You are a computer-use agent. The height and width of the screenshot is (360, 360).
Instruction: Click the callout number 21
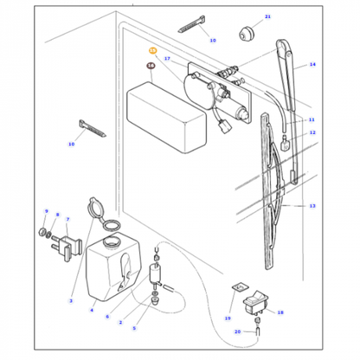pyautogui.click(x=243, y=17)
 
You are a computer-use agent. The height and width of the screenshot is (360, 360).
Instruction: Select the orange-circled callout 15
pyautogui.click(x=153, y=52)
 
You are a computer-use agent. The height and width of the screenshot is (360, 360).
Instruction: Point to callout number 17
pyautogui.click(x=168, y=59)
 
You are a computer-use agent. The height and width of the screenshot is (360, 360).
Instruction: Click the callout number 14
pyautogui.click(x=312, y=65)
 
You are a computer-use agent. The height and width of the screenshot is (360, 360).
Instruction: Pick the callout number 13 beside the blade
pyautogui.click(x=312, y=207)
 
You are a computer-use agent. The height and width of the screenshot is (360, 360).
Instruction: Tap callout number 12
pyautogui.click(x=312, y=132)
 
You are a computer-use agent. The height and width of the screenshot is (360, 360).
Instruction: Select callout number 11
pyautogui.click(x=312, y=119)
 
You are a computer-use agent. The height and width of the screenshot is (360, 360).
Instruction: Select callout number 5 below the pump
pyautogui.click(x=134, y=328)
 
